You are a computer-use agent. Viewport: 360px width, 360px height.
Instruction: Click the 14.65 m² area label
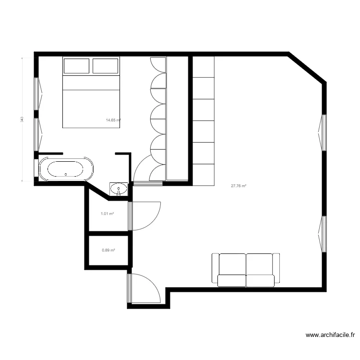click(x=113, y=120)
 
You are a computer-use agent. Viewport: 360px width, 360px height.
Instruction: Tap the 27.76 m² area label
click(x=239, y=186)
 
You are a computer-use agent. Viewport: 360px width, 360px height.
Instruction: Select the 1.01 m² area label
click(x=107, y=214)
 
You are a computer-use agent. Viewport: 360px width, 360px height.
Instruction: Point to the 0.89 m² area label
click(x=108, y=250)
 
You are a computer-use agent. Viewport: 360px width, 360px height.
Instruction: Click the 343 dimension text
click(x=22, y=119)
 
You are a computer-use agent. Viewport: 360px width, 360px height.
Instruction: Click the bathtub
click(x=66, y=169)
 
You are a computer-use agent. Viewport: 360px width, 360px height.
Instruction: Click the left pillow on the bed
click(x=76, y=66)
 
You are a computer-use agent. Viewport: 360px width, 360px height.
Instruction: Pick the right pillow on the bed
click(x=105, y=66)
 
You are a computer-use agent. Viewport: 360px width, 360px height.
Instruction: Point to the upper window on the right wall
click(x=323, y=132)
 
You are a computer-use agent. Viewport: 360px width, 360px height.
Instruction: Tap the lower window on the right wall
click(x=323, y=234)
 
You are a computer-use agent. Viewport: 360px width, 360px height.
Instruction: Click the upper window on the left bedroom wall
click(x=37, y=94)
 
